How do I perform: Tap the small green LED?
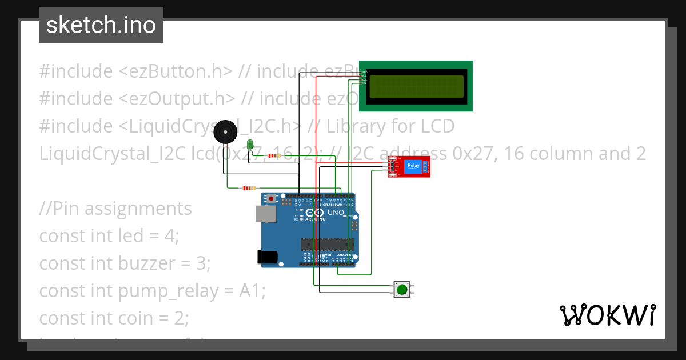click(x=250, y=143)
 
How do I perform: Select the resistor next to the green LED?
click(x=275, y=155)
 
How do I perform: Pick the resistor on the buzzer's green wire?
click(x=249, y=188)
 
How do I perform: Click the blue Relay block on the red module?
click(x=413, y=166)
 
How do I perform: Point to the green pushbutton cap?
click(x=402, y=289)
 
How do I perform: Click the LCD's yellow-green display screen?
click(x=416, y=86)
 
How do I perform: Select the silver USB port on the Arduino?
click(x=265, y=214)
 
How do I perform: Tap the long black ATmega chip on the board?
click(x=328, y=245)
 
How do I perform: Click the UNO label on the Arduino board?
click(x=336, y=213)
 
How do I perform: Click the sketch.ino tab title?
click(x=101, y=25)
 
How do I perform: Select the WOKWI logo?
click(x=607, y=315)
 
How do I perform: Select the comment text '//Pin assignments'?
click(x=115, y=208)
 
